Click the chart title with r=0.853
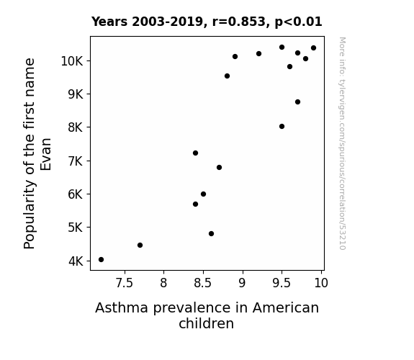tap(207, 22)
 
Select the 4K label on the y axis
tap(76, 261)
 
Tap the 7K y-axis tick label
tap(76, 161)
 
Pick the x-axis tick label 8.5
tap(203, 283)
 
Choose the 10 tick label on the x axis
tap(321, 283)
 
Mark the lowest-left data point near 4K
tap(101, 260)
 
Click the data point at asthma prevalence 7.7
tap(140, 245)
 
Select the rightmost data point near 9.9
tap(313, 48)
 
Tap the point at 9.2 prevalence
tap(258, 53)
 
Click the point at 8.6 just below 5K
tap(211, 233)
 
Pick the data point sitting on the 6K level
tap(203, 194)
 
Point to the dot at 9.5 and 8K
tap(282, 126)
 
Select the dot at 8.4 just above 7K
tap(195, 153)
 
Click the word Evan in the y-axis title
tap(45, 154)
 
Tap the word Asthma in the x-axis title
tap(122, 307)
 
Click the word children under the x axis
tap(206, 323)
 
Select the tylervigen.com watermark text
tap(342, 143)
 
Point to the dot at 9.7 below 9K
tap(297, 102)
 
